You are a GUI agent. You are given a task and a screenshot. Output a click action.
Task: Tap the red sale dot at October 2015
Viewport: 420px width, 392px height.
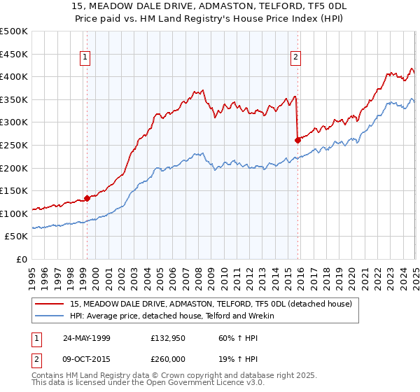click(x=298, y=140)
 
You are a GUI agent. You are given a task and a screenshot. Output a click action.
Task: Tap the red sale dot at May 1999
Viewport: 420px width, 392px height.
click(x=87, y=198)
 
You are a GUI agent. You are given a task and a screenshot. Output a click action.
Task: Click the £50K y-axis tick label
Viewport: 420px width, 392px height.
click(x=17, y=237)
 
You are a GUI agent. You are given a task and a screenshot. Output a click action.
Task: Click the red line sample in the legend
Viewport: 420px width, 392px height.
click(x=50, y=303)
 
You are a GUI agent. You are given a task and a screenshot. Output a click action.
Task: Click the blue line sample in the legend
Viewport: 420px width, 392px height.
click(x=50, y=316)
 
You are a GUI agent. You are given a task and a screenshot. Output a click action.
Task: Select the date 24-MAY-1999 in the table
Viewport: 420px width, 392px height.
click(x=87, y=337)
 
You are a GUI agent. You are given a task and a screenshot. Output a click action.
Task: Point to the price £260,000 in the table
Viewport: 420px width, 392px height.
click(x=169, y=358)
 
